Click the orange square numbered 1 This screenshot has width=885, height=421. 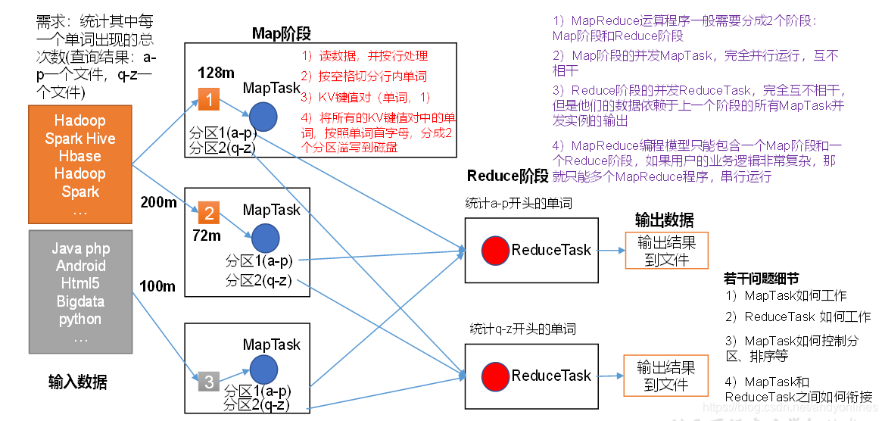point(208,98)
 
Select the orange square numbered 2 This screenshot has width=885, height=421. point(210,214)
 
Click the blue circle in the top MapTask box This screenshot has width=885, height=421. point(263,117)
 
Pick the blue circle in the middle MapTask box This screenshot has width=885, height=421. point(265,237)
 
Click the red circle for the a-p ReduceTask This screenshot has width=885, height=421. point(495,250)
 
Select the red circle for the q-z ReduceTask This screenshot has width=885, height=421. point(495,376)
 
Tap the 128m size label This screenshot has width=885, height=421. point(216,73)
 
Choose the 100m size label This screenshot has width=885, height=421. point(157,286)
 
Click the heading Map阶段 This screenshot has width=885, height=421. point(281,33)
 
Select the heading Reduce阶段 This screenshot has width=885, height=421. point(507,176)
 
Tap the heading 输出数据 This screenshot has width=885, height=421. point(664,220)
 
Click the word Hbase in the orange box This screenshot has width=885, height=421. point(80,156)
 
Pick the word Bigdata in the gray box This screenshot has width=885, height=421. point(80,301)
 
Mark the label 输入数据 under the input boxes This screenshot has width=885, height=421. point(77,382)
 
